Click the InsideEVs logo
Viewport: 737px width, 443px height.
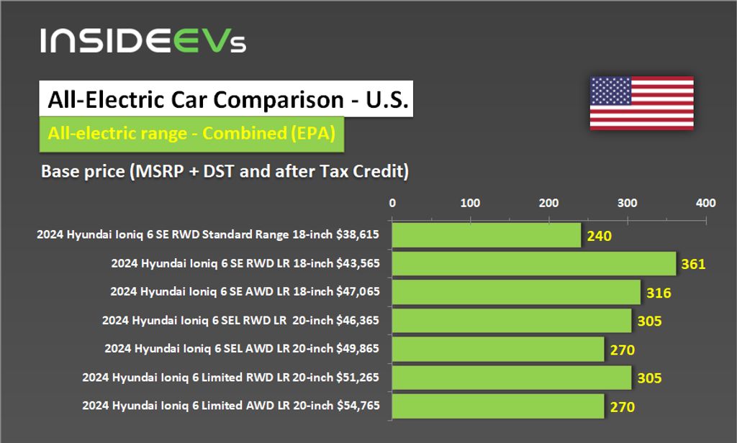click(143, 40)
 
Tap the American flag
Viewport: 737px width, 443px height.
click(641, 103)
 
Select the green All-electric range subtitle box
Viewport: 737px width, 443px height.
click(191, 134)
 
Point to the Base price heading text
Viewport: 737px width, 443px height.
click(225, 172)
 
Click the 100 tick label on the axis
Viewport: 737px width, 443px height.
click(470, 203)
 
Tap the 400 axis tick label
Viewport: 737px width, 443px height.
click(705, 203)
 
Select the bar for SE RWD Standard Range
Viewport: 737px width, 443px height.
click(486, 235)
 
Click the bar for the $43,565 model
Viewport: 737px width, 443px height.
click(533, 263)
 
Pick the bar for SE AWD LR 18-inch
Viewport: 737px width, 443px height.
click(515, 292)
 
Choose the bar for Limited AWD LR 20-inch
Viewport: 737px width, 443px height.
click(497, 406)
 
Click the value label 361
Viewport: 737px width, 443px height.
click(693, 264)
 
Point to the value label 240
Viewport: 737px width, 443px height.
click(599, 236)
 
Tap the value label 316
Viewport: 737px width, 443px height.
click(659, 293)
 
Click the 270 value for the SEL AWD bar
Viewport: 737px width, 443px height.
click(622, 350)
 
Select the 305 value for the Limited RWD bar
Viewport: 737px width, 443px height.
click(649, 378)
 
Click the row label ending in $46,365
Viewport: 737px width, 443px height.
click(241, 321)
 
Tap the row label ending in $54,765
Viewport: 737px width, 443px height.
click(231, 406)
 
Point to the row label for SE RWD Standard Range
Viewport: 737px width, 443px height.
click(208, 235)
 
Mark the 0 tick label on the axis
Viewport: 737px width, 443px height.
click(392, 203)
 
